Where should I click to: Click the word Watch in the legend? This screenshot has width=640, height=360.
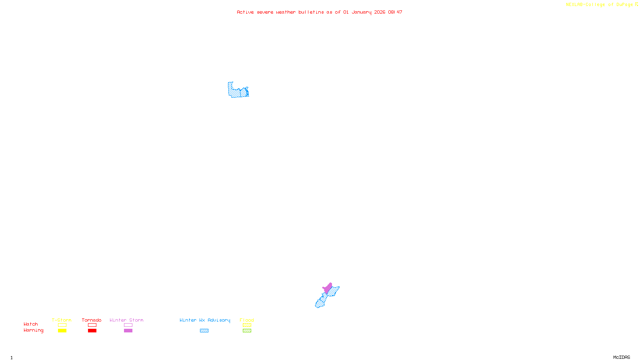point(31,324)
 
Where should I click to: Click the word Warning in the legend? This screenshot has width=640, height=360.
point(33,330)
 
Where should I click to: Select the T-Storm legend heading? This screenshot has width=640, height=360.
point(62,320)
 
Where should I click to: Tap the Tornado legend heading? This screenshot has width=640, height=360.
point(92,320)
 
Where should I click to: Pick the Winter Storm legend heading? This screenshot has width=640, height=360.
point(126,320)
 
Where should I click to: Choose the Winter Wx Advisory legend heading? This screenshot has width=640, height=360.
point(205,320)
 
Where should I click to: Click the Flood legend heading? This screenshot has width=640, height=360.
point(247,320)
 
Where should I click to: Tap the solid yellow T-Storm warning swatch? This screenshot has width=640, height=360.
point(62,331)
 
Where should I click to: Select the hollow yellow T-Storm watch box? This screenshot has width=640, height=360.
point(62,325)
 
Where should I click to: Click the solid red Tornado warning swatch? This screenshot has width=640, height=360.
point(92,331)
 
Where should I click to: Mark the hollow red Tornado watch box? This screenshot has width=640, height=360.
point(92,325)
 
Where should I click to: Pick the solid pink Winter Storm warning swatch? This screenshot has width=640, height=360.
point(128,331)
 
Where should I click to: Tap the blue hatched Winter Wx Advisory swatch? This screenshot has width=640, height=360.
point(204,331)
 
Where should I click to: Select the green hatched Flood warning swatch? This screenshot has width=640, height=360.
point(247,331)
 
